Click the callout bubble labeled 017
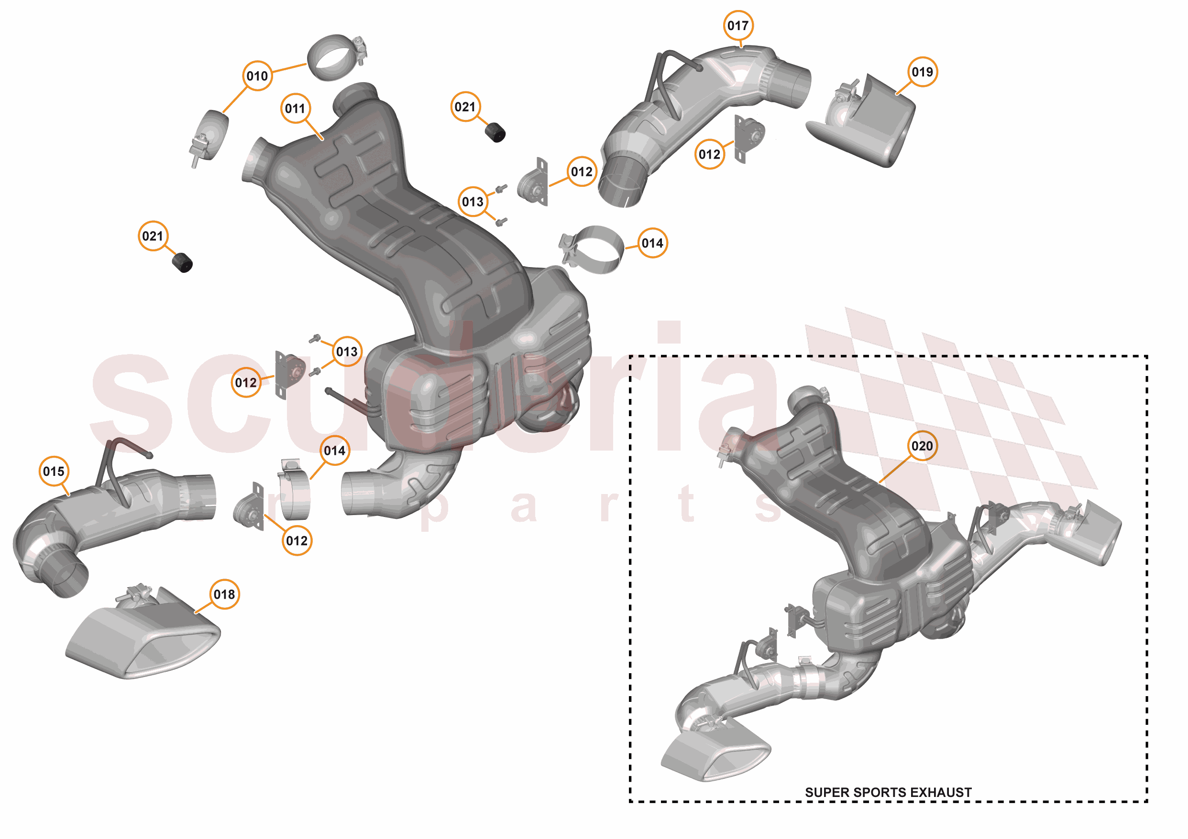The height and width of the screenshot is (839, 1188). click(x=737, y=25)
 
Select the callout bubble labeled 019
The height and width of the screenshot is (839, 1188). click(x=922, y=72)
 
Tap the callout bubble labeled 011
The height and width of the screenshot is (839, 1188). click(x=295, y=108)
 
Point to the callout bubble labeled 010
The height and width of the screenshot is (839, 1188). click(x=257, y=76)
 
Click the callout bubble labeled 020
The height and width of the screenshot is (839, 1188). click(x=922, y=446)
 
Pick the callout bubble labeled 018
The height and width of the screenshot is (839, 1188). click(x=224, y=594)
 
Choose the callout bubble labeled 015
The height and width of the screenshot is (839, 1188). click(x=54, y=472)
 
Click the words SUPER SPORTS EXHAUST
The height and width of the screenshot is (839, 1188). click(x=888, y=793)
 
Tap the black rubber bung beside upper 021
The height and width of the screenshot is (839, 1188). click(x=495, y=132)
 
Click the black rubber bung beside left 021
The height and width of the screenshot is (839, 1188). click(x=182, y=263)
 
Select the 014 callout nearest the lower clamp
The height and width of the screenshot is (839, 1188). click(x=334, y=451)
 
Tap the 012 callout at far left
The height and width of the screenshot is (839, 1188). click(x=245, y=383)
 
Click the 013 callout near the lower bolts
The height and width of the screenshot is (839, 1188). click(x=347, y=352)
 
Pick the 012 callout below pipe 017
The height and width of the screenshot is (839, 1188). click(x=709, y=154)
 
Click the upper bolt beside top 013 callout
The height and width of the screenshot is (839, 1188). click(x=500, y=189)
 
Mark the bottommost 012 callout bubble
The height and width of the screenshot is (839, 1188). click(x=297, y=541)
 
